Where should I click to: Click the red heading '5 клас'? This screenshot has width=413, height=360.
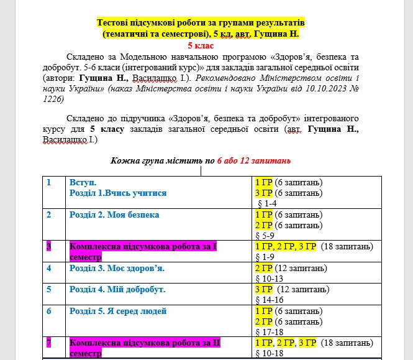pos(201,45)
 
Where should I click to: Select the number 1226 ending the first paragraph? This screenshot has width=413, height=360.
pos(53,99)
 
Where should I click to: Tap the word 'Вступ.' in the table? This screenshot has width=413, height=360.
pos(83,182)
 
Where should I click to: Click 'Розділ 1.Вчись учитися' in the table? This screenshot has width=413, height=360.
pos(118,193)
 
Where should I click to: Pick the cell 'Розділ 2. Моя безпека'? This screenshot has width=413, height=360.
pos(114,215)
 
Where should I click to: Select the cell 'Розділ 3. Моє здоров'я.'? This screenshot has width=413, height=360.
pos(117,268)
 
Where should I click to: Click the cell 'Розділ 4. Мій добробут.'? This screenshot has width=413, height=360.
pos(117,290)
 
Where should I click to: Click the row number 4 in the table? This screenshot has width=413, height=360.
pos(49,268)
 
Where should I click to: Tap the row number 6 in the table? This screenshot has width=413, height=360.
pos(49,311)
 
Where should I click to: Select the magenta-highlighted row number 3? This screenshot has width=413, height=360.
pos(49,247)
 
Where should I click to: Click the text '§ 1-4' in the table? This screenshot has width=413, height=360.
pos(268,203)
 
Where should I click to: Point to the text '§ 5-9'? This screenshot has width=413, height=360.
pos(268,236)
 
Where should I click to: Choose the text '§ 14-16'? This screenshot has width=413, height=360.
pos(271,300)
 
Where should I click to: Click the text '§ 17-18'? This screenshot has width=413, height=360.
pos(271,333)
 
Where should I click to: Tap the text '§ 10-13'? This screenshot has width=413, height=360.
pos(271,279)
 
